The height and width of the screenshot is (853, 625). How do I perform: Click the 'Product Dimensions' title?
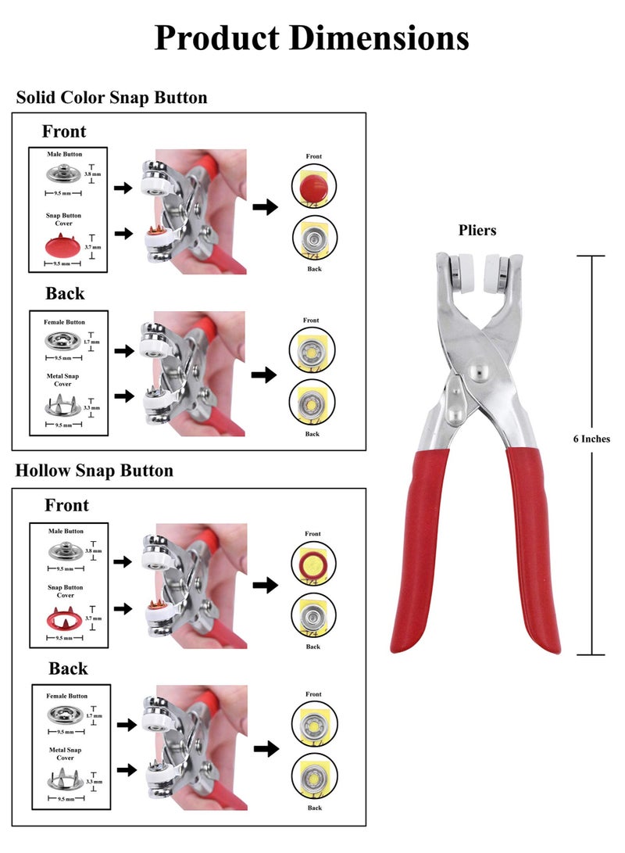coord(312,37)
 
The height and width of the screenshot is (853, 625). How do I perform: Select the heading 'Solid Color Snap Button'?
coord(112,98)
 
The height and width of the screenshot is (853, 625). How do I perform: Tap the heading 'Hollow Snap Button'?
coord(95,471)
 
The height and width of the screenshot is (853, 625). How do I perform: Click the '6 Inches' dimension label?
coord(591,439)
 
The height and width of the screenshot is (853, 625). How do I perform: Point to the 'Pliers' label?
coord(477,231)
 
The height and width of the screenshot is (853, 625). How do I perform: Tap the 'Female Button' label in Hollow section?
coord(66,696)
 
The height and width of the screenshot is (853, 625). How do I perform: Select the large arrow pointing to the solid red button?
coord(266,207)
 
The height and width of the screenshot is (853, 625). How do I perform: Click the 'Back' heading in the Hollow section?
coord(68,668)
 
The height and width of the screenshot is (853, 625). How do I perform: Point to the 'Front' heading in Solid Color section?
coord(64,131)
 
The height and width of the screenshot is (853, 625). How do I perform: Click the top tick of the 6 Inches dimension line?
coord(591,256)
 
